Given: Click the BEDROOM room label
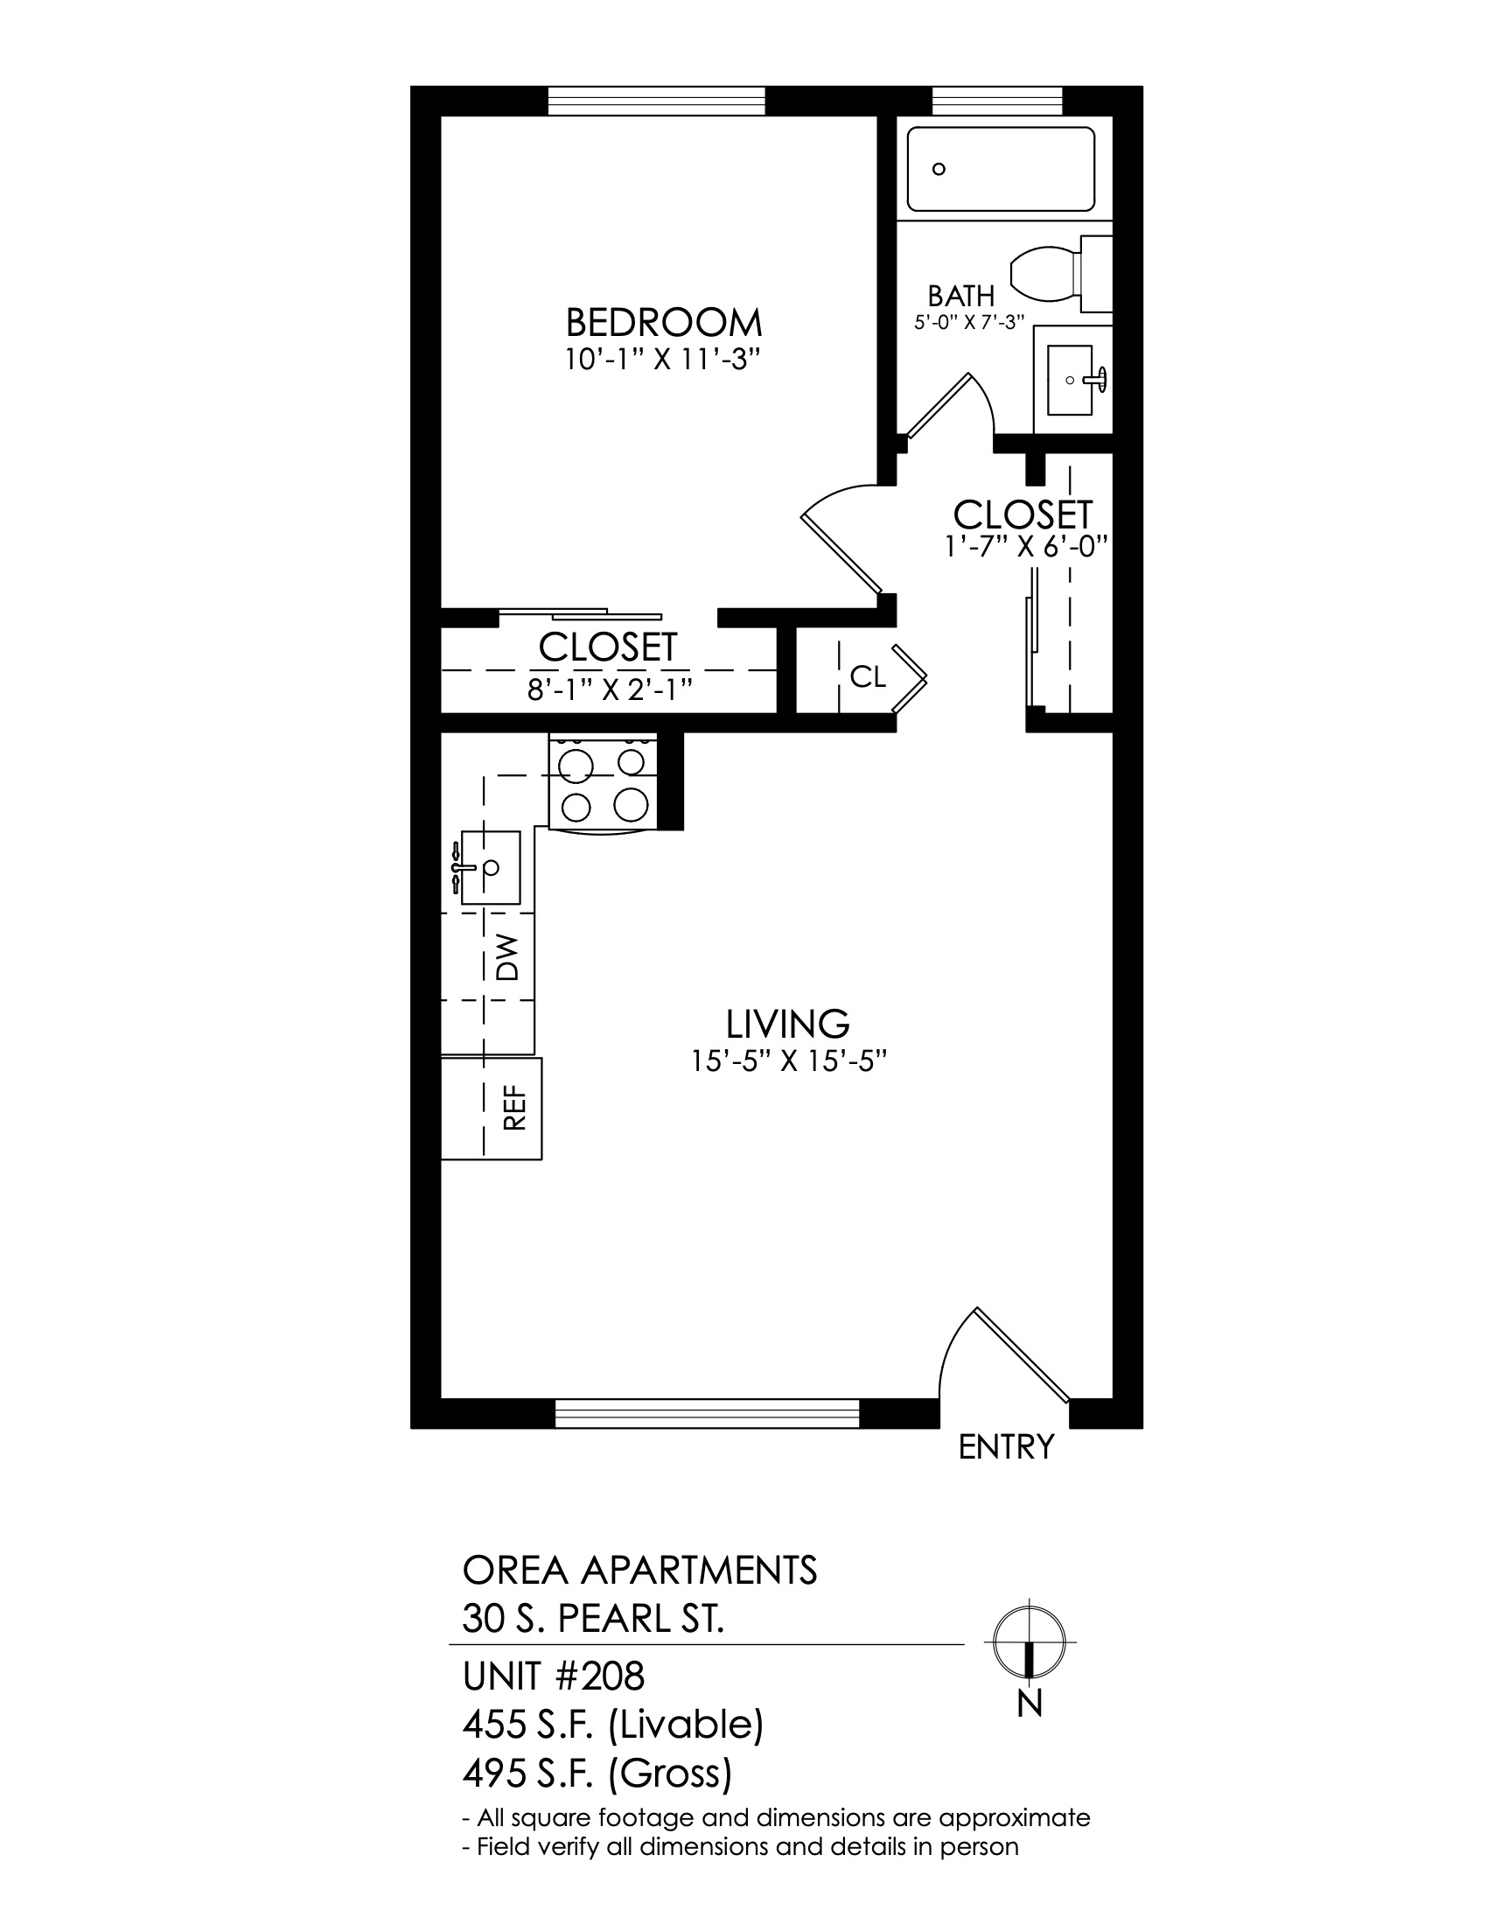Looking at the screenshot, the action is tap(663, 323).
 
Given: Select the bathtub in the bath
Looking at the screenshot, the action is tap(1001, 169).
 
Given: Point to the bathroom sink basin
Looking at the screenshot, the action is tap(1071, 380).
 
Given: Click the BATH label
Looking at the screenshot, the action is tap(961, 296).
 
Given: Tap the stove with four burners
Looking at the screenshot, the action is tap(604, 780).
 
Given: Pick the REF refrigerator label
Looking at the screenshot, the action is tap(514, 1107).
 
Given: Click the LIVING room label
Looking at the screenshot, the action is tap(787, 1025).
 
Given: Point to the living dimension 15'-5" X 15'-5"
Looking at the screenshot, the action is tap(787, 1062).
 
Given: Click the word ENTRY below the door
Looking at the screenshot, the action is tap(1006, 1447).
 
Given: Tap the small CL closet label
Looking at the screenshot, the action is tap(868, 677).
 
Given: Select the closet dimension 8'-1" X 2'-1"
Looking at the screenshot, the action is tap(608, 690).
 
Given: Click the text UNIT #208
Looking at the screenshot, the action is tap(553, 1676).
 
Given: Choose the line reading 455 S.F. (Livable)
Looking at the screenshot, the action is tap(613, 1725).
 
